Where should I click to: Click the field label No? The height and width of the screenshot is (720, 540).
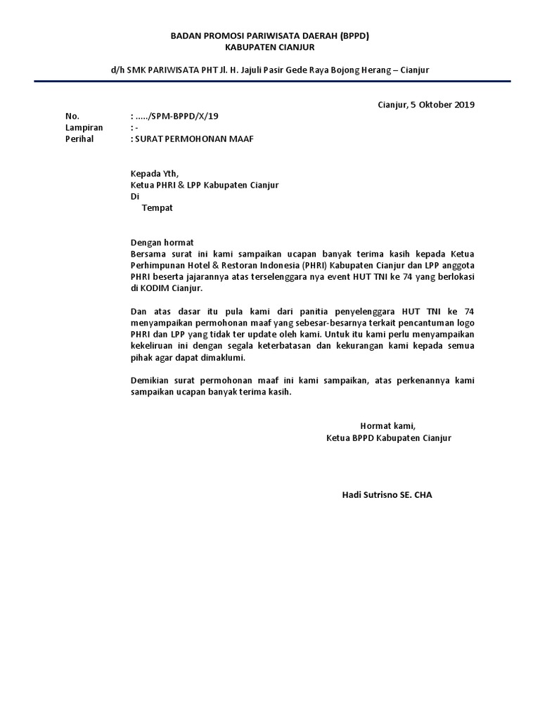(72, 116)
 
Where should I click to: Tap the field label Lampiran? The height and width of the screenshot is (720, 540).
(84, 127)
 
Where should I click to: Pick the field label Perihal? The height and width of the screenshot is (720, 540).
(79, 139)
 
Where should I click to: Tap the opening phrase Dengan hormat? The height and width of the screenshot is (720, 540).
(162, 243)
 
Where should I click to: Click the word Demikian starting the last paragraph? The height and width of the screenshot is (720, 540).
(152, 380)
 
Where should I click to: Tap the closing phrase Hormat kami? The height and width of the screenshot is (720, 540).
(388, 426)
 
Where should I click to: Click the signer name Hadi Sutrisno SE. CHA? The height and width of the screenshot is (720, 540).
(387, 495)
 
